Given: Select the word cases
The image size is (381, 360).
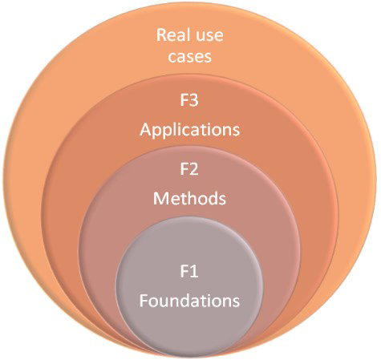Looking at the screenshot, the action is pos(190,57).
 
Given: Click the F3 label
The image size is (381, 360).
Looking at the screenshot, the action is pos(189,100).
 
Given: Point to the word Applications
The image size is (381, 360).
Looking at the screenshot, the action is pos(190,131).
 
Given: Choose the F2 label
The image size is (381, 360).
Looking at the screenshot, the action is pos(189,169).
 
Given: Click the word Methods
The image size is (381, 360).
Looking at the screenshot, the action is pos(189,198).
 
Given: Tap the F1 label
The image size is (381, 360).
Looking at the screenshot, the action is pos(189,271).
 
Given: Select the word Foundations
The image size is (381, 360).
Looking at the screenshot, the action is pos(189,300).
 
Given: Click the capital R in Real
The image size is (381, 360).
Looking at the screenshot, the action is pos(161,35).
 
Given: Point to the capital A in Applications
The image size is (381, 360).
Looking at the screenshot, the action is pos(146,130).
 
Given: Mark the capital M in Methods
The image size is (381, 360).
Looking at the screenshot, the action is pos(160,199).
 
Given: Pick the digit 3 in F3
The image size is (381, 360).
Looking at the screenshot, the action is pos(194,100).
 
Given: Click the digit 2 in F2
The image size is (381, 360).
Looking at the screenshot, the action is pos(194,169).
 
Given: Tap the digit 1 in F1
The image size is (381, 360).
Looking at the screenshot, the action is pos(194,271).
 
